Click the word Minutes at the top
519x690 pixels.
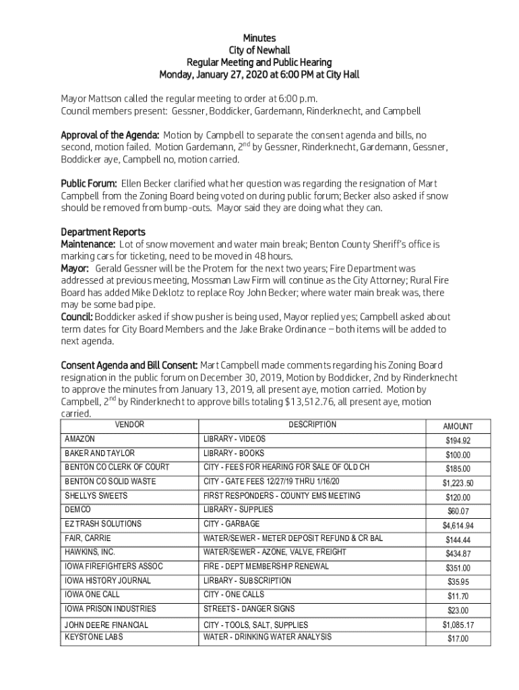[x=259, y=38]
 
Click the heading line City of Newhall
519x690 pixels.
[x=259, y=51]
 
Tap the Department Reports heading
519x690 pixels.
[x=103, y=232]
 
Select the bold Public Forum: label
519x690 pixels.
[x=89, y=184]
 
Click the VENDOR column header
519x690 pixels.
[x=129, y=425]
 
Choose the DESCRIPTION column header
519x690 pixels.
[x=312, y=425]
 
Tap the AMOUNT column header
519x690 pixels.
[x=458, y=427]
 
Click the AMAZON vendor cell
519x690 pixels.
[x=80, y=439]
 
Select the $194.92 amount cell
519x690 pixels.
[x=458, y=441]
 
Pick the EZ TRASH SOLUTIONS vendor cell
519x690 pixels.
[x=102, y=524]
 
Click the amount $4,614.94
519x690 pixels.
[x=458, y=526]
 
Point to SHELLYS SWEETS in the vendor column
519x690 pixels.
[x=96, y=496]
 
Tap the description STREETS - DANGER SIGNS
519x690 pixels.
[x=249, y=608]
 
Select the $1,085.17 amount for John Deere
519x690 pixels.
[x=458, y=625]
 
